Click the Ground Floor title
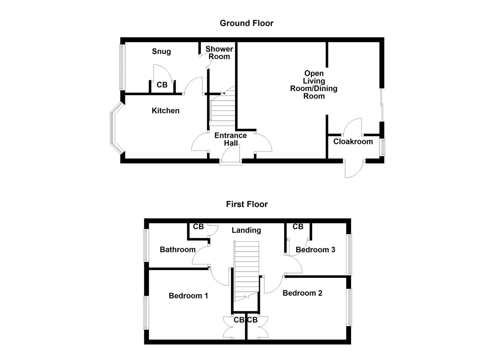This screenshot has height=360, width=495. point(246,23)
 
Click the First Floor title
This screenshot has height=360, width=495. point(247,204)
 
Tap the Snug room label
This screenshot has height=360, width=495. point(161,52)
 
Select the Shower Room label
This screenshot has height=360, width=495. point(219,53)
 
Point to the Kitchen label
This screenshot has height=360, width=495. point(165,111)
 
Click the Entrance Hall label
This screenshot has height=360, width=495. point(231,139)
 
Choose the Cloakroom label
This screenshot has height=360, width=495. point(353,141)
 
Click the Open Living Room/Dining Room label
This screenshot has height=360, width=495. point(314,85)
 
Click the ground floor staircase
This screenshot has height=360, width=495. point(222,108)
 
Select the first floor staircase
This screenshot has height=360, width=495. point(246,272)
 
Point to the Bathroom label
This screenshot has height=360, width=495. point(177,249)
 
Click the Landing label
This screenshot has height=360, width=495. point(246,230)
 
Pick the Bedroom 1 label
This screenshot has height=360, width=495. point(188,296)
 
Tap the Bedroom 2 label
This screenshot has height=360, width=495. point(302,293)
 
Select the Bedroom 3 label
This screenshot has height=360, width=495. point(315,249)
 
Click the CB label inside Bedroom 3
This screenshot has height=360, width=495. point(298,227)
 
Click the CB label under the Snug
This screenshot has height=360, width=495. point(162,85)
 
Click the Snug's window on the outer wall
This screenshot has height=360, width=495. point(122,67)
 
